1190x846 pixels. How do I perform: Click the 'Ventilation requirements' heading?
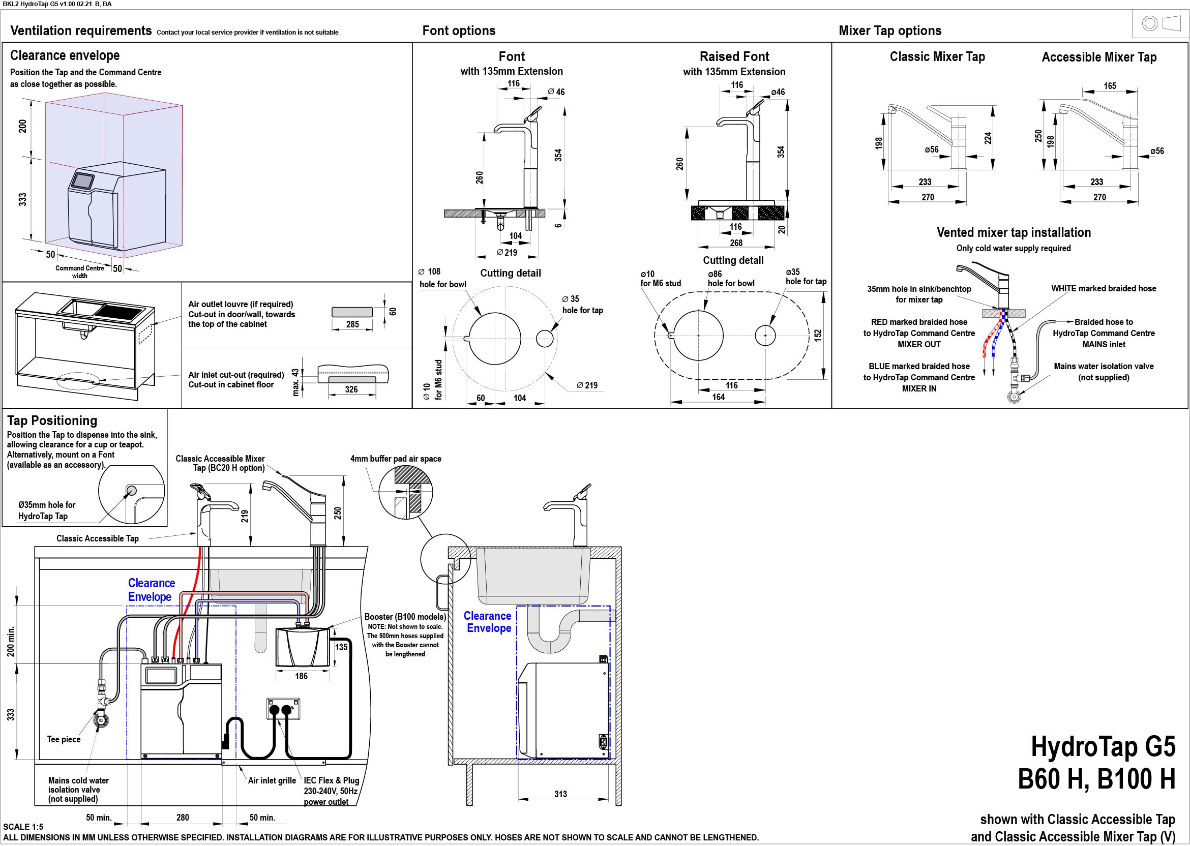click(81, 31)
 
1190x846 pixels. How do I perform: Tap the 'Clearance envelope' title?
click(65, 55)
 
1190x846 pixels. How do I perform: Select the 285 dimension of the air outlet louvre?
click(353, 324)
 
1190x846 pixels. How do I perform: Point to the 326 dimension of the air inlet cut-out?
click(351, 389)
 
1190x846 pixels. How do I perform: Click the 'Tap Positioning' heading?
click(52, 420)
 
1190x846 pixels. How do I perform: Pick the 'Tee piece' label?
click(64, 739)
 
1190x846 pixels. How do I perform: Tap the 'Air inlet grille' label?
click(272, 780)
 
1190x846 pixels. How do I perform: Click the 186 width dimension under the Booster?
click(301, 676)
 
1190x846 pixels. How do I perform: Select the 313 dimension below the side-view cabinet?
click(560, 794)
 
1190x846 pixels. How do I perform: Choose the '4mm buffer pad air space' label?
click(396, 459)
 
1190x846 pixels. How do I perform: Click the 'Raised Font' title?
click(734, 56)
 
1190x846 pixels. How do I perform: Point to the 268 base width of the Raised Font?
click(736, 243)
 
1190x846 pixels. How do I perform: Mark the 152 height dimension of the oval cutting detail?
click(817, 335)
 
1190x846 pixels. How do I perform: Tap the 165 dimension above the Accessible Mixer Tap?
click(1110, 86)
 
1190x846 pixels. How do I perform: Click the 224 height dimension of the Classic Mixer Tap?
click(988, 138)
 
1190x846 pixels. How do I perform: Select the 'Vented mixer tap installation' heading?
click(1014, 232)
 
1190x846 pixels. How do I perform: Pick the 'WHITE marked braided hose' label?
click(1104, 289)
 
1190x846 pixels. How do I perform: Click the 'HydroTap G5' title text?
click(1103, 746)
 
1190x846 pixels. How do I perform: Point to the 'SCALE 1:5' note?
click(23, 827)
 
